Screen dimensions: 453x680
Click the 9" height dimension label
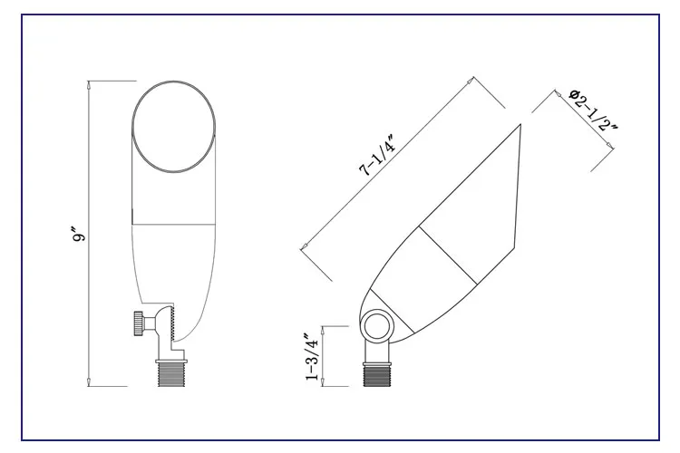point(80,233)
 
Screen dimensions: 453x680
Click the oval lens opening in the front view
point(176,127)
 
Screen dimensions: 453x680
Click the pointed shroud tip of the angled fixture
point(520,128)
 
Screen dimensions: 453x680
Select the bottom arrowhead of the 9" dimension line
point(88,382)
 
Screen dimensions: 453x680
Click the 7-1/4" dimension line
point(386,162)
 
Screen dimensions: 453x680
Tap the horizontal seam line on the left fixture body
point(176,223)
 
